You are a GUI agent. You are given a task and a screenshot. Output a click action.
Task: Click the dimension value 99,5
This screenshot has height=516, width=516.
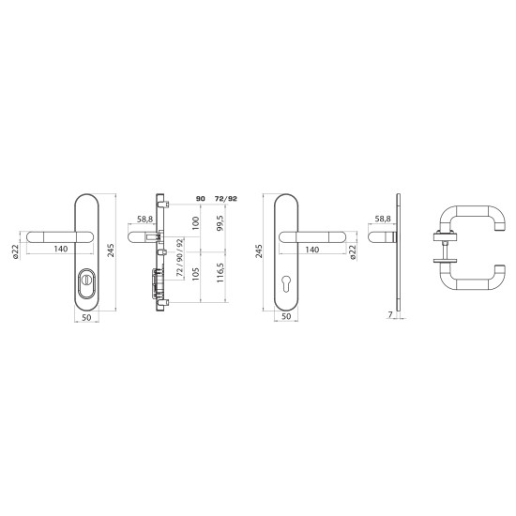tap(220, 222)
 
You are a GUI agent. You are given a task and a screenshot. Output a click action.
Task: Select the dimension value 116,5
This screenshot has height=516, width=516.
tap(220, 272)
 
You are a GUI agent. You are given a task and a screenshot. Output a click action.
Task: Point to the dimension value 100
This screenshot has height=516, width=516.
tap(195, 223)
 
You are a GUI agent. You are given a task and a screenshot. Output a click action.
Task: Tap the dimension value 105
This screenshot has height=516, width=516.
tap(195, 274)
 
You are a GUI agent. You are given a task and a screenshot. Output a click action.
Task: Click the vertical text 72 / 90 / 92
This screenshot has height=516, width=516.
tap(180, 257)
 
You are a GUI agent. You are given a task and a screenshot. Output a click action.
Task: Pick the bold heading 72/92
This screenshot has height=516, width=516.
tap(225, 199)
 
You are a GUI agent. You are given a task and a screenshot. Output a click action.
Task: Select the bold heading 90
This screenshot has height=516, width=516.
tap(201, 199)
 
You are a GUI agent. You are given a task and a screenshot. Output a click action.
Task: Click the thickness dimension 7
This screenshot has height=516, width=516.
tap(390, 314)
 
